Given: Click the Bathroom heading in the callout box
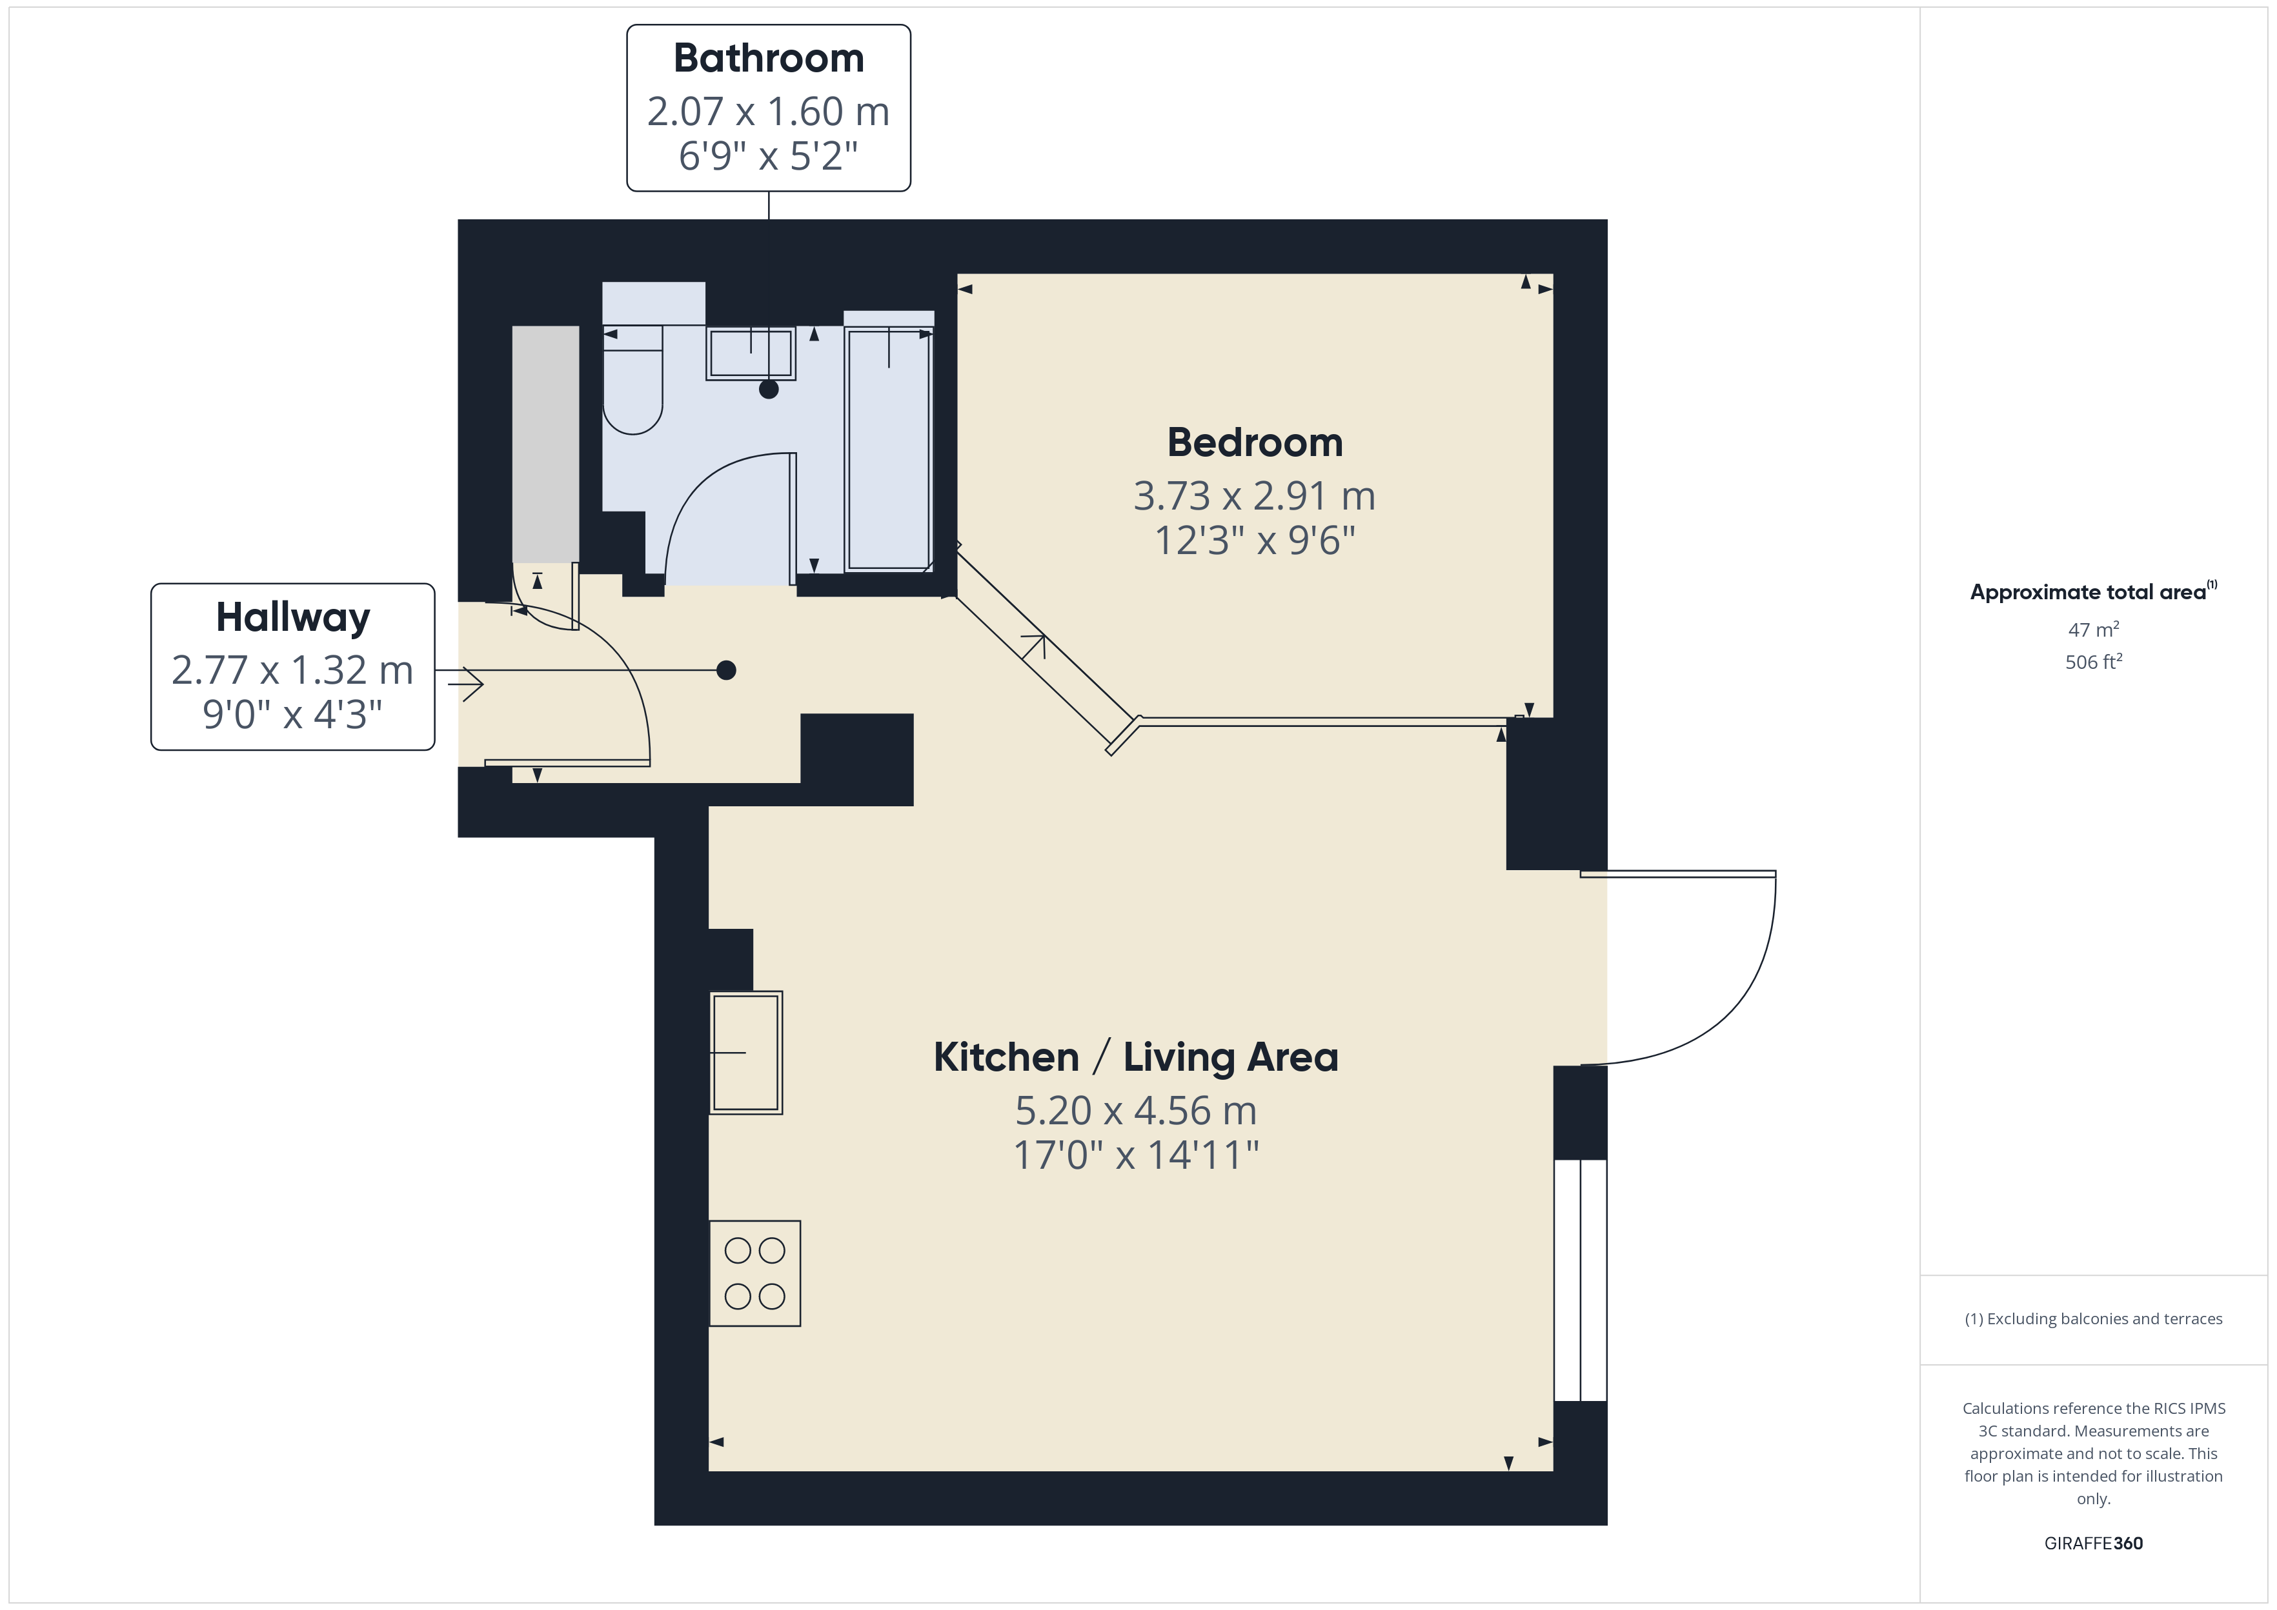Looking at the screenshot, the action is pyautogui.click(x=769, y=59).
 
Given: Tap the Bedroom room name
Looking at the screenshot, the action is pyautogui.click(x=1255, y=442).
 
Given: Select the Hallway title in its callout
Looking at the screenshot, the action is pyautogui.click(x=292, y=618).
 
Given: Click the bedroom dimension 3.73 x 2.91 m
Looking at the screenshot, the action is pyautogui.click(x=1255, y=495).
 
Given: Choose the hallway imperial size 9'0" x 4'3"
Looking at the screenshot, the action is pyautogui.click(x=292, y=714).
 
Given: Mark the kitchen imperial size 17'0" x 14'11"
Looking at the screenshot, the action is pyautogui.click(x=1135, y=1155).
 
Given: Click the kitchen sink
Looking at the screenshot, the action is pyautogui.click(x=746, y=1052).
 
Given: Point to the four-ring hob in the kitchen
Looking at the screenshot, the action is pyautogui.click(x=754, y=1273).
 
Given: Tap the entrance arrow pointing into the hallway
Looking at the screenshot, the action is pyautogui.click(x=459, y=684).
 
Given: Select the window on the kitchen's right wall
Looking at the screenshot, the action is pyautogui.click(x=1580, y=1280).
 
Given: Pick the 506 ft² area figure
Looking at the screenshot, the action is pyautogui.click(x=2094, y=661).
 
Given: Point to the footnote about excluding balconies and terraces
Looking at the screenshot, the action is pyautogui.click(x=2094, y=1318).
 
